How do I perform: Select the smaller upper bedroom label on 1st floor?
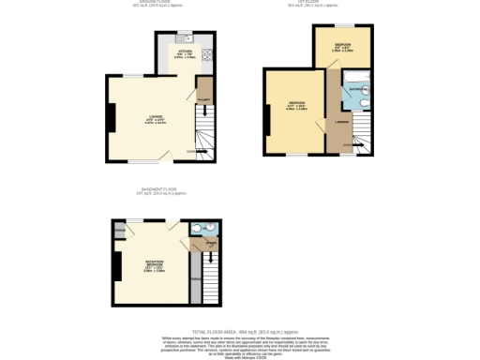pos(343,47)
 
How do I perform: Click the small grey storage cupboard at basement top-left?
pos(120,229)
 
